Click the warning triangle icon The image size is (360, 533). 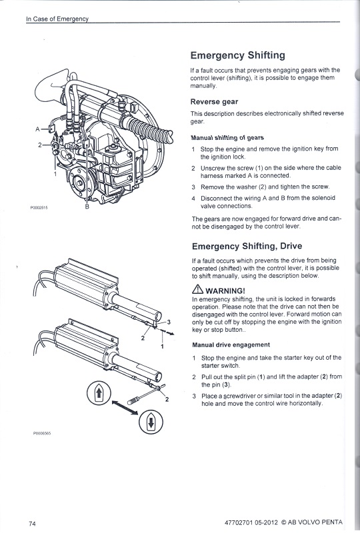tap(197, 290)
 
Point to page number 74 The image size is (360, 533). tap(32, 522)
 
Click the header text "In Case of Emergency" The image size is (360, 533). tap(57, 19)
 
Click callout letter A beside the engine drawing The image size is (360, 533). tap(37, 128)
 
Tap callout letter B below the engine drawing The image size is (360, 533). tap(87, 207)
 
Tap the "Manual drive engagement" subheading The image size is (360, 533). tap(231, 345)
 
